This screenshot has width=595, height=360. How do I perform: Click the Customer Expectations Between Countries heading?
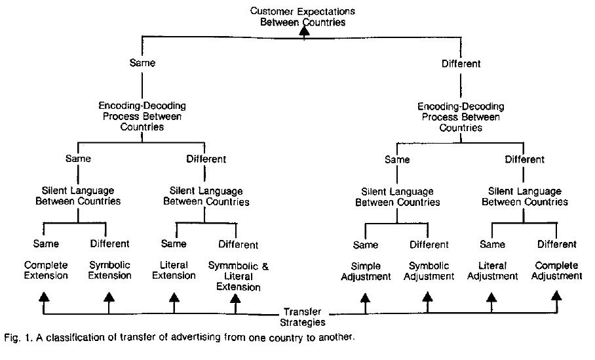303,16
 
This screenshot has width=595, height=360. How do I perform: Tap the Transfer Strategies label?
303,317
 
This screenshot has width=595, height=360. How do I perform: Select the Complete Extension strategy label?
46,270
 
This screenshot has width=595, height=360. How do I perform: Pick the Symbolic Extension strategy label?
109,270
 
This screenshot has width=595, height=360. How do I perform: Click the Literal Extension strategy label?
174,270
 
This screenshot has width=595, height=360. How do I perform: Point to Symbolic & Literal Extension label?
239,276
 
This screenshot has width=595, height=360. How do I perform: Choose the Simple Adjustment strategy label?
366,271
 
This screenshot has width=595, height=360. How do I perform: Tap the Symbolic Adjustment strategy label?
429,271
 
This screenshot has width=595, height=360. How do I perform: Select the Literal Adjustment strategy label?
492,271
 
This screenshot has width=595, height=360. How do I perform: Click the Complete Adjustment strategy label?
556,270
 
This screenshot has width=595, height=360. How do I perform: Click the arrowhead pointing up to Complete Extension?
44,297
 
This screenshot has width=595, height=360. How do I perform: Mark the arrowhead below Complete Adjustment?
556,296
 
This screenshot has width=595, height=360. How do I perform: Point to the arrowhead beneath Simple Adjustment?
365,297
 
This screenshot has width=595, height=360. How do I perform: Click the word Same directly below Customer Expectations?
142,63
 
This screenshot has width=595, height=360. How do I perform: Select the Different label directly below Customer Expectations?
461,64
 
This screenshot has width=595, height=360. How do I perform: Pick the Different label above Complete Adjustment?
557,244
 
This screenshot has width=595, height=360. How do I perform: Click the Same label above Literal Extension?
174,243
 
